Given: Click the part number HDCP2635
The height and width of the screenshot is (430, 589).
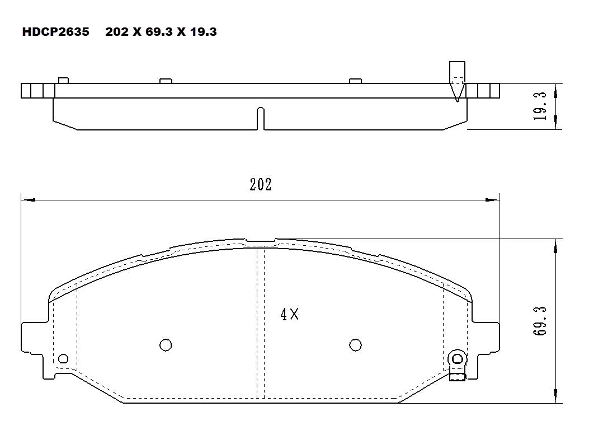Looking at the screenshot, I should click(55, 32).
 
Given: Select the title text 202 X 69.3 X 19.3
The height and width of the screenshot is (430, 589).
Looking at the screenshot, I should click(161, 32).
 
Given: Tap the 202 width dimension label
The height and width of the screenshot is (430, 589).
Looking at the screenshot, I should click(260, 185).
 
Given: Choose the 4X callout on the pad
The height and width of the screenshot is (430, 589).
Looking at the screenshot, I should click(289, 315).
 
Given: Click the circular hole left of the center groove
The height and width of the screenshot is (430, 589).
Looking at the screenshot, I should click(166, 345).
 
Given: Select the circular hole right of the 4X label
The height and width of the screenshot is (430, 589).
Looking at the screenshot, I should click(355, 345).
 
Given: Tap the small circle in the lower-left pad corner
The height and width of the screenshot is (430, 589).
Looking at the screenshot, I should click(63, 359).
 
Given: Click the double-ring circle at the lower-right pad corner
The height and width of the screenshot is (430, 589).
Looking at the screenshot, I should click(458, 359).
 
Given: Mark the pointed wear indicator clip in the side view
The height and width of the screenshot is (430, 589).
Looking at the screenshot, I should click(457, 81).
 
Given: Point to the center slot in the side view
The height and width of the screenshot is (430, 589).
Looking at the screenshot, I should click(260, 118).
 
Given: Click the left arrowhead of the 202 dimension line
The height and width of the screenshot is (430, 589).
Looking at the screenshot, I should click(25, 199).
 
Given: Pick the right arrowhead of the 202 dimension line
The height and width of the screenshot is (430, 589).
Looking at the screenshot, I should click(494, 199).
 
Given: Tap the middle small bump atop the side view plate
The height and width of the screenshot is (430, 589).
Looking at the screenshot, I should click(165, 81).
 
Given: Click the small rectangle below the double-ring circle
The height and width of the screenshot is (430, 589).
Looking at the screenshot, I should click(458, 377).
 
